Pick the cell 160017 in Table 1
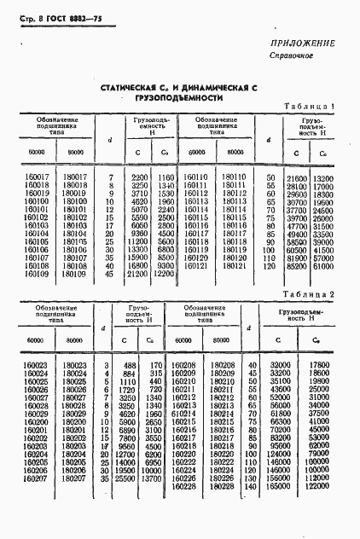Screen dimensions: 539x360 pyautogui.click(x=36, y=177)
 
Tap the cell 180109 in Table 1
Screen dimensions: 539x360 pyautogui.click(x=74, y=274)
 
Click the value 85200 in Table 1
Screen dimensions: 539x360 pyautogui.click(x=296, y=265)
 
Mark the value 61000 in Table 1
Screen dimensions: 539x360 pyautogui.click(x=322, y=265)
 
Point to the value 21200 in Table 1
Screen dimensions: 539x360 pyautogui.click(x=138, y=274)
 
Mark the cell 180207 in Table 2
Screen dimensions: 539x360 pyautogui.click(x=73, y=478)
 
